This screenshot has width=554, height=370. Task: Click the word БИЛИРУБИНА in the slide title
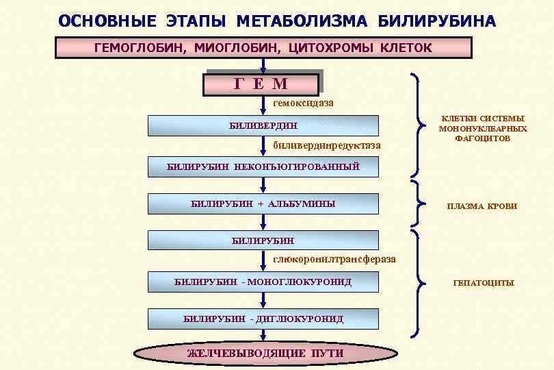point(436,21)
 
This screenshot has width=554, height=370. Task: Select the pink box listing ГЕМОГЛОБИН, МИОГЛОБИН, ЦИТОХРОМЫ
point(263,48)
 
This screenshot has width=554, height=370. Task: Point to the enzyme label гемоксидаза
point(304,103)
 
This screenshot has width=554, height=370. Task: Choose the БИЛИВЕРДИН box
point(263,125)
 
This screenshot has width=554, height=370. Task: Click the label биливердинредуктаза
point(327,146)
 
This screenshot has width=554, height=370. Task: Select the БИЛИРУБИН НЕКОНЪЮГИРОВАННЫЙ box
point(263,166)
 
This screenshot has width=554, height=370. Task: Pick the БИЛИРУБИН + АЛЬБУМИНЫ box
point(263,204)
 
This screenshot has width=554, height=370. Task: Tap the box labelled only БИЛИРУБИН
point(263,241)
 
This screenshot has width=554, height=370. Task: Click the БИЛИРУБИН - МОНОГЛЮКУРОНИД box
point(263,282)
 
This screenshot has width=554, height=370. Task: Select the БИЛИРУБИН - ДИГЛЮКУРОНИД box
point(263,319)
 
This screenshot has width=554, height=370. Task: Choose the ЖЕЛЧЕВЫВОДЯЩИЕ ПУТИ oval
point(265,354)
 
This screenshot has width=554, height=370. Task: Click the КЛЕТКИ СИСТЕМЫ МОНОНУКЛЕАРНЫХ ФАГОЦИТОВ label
point(483,128)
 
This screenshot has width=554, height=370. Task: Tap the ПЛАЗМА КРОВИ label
point(482,206)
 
